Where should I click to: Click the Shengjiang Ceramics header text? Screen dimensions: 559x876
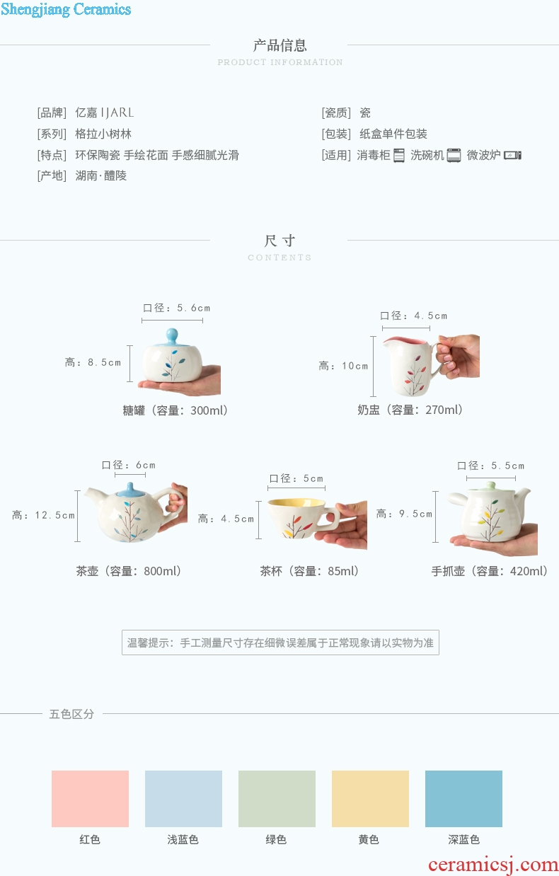[x=66, y=9]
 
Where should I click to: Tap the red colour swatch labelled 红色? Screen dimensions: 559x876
[x=90, y=799]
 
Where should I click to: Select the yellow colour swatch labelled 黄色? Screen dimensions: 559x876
[x=370, y=799]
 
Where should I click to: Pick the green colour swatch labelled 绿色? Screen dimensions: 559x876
[x=277, y=799]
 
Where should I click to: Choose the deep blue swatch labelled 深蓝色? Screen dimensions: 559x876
[x=463, y=799]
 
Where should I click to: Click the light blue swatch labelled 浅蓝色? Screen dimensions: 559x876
[x=183, y=799]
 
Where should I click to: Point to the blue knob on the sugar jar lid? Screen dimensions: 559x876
[x=172, y=335]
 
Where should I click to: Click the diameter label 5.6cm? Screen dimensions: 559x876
[x=194, y=309]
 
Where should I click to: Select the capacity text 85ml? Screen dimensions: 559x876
[x=341, y=571]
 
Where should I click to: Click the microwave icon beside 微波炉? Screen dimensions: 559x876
[x=512, y=155]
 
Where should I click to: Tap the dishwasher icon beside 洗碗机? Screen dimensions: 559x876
[x=454, y=155]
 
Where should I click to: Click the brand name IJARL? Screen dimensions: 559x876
[x=117, y=113]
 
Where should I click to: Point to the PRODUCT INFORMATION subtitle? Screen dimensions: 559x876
[x=280, y=62]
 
